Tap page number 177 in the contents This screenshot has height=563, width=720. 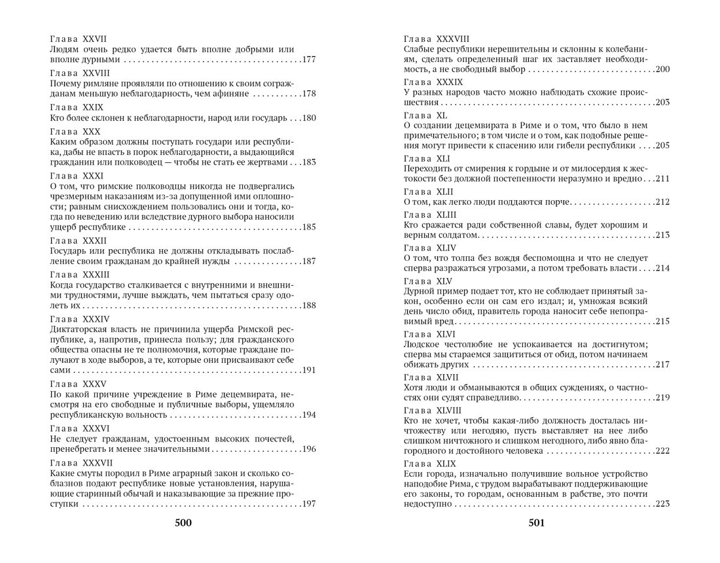(310, 60)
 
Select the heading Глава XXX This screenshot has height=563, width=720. (73, 131)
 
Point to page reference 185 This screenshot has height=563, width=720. (310, 228)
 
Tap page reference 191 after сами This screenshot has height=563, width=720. (310, 369)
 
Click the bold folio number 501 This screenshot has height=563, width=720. (536, 523)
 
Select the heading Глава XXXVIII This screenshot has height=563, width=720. (437, 39)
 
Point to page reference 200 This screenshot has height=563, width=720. (661, 69)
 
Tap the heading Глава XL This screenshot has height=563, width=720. (423, 114)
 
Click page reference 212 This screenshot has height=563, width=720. (661, 202)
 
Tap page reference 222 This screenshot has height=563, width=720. (661, 451)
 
